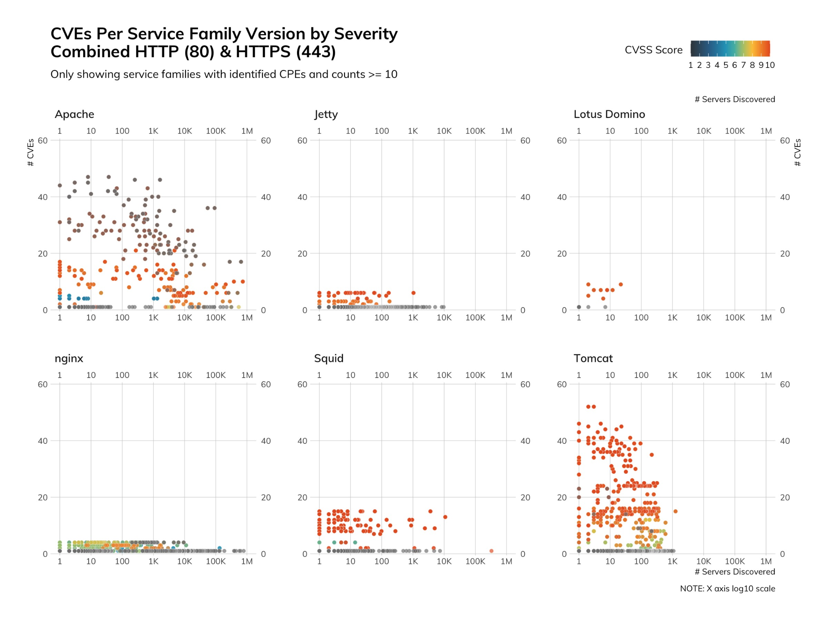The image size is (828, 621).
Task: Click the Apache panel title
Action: point(75,114)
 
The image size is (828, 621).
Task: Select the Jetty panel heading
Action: point(326,114)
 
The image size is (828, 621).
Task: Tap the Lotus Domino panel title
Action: point(609,114)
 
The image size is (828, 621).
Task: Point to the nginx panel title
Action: point(69,359)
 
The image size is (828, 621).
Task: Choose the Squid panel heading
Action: point(329,359)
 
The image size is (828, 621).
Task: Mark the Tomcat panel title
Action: point(593,359)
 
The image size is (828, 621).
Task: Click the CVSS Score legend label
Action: point(654,50)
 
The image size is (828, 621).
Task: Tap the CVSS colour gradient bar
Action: point(730,48)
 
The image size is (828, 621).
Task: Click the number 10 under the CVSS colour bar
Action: point(770,65)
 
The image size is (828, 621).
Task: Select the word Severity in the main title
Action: point(366,34)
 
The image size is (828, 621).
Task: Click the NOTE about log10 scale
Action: point(727,589)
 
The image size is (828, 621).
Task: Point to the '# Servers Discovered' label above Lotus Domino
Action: point(735,99)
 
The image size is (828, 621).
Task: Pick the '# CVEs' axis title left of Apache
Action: point(31,152)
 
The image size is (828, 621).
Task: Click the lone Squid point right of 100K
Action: point(491,551)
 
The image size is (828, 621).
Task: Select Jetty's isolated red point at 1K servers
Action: point(413,293)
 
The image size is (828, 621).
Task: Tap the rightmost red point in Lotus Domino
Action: point(621,284)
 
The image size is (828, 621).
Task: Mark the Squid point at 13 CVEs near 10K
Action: point(445,517)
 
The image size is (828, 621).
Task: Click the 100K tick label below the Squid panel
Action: point(475,561)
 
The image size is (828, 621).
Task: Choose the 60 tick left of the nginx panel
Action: point(43,385)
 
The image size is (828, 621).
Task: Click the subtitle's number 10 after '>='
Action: point(391,75)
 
